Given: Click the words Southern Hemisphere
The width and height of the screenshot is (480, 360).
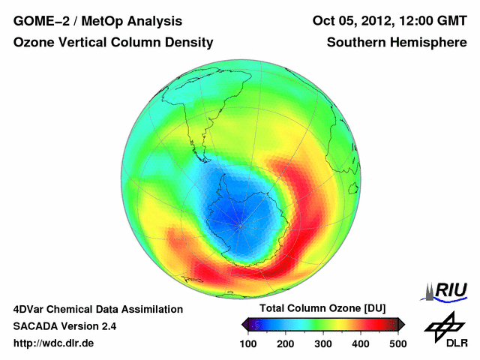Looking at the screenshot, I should (395, 43).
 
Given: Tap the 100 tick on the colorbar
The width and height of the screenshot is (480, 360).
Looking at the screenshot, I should (249, 343).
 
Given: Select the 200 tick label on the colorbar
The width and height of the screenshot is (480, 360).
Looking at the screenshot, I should (286, 343).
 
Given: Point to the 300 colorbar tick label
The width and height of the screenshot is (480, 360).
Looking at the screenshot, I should (323, 343).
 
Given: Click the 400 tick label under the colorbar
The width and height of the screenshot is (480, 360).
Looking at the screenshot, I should (360, 343).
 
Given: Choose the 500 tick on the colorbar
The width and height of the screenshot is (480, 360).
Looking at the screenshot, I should (397, 343).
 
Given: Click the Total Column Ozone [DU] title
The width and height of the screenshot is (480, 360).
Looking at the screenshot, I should (323, 309).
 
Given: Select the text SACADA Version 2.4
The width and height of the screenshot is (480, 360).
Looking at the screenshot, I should (64, 326).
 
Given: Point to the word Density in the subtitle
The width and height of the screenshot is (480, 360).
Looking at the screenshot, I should (189, 43).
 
